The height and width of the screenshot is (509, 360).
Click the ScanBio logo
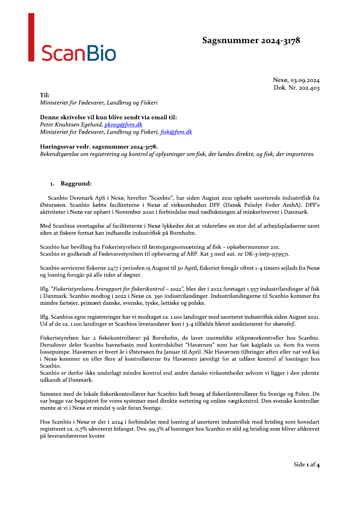tap(78, 53)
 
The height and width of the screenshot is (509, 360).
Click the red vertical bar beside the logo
tap(31, 37)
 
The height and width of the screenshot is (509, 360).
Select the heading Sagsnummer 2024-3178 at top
tap(251, 40)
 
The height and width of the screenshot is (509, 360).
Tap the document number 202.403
tap(309, 88)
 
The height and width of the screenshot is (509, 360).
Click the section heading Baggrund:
tap(76, 183)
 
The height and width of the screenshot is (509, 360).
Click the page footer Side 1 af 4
tap(307, 465)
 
